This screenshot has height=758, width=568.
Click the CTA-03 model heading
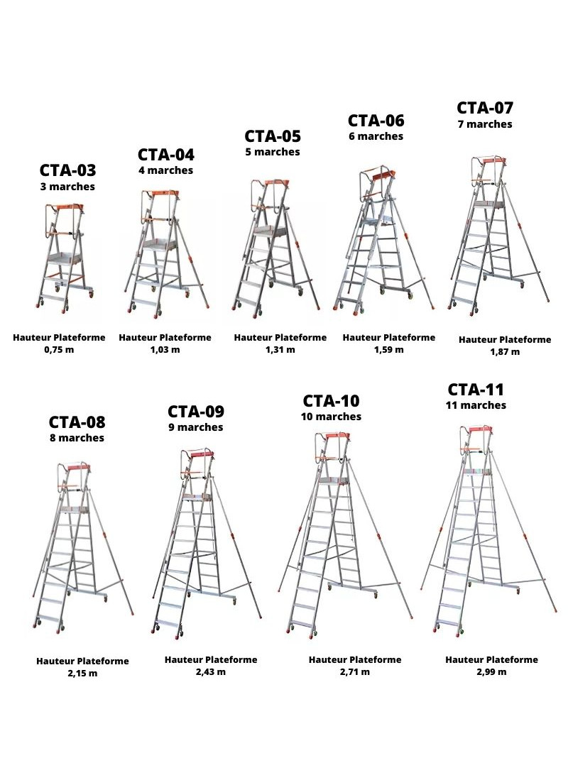[67, 170]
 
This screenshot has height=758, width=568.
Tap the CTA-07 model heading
[485, 108]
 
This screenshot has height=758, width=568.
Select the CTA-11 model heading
[476, 389]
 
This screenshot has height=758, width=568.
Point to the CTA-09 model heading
[196, 412]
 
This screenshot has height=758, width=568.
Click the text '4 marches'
[166, 170]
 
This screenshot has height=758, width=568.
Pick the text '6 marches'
[376, 136]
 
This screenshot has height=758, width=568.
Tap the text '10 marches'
[331, 416]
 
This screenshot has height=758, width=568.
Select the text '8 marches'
[77, 437]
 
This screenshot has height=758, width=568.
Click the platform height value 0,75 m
[59, 349]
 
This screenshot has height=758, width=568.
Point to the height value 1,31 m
[280, 349]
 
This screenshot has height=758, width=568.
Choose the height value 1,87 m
[505, 352]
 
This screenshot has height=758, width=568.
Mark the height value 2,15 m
[82, 673]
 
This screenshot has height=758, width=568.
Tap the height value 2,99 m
[491, 671]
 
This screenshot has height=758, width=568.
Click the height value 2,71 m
[355, 671]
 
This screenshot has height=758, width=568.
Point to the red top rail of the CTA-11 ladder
[481, 429]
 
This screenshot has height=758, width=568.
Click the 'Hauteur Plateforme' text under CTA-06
[389, 337]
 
